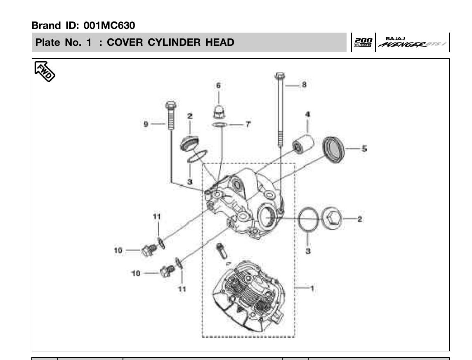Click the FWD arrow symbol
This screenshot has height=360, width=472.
click(x=45, y=71)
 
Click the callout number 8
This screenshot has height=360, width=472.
click(x=304, y=85)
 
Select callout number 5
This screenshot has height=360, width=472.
click(x=364, y=148)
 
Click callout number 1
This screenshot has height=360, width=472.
click(x=312, y=288)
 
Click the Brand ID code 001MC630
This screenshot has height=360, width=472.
click(x=109, y=26)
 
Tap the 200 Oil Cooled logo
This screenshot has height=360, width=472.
click(x=363, y=42)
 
